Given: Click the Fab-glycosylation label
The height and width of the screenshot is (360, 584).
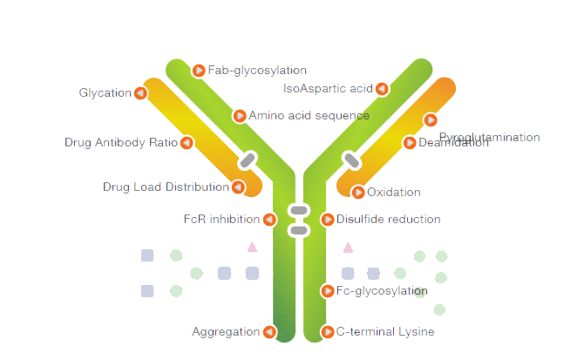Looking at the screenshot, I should (257, 71).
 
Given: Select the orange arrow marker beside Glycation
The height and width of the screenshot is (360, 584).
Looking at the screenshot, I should (140, 93).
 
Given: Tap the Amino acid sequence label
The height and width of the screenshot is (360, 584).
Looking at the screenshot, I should (309, 115).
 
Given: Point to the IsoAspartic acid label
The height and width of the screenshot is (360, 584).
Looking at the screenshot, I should (328, 88).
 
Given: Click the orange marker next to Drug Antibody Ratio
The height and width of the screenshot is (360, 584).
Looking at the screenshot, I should (187, 143).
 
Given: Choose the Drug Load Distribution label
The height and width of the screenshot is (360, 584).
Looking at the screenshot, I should (166, 187).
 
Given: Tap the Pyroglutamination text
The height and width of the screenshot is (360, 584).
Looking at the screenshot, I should (489, 137).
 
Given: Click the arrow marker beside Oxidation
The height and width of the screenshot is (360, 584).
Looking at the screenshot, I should (358, 193).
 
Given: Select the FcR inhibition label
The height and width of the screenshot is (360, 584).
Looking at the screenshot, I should (221, 219).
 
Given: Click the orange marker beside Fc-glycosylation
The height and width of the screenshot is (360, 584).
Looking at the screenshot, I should (328, 291).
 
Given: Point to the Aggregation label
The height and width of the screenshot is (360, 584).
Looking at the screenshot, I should (226, 331).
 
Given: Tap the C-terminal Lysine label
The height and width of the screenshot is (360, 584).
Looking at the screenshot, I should (385, 332).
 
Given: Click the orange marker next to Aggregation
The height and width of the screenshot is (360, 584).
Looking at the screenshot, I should (269, 332).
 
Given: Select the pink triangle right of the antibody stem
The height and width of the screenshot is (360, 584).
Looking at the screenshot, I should (348, 248).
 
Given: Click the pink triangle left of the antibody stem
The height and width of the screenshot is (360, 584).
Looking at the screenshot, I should (252, 248).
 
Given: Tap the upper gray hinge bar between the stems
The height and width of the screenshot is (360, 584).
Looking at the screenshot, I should (299, 210).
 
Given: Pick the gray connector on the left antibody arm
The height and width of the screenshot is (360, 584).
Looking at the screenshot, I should (248, 160).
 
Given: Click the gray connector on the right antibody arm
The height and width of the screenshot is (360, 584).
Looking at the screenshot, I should (351, 160).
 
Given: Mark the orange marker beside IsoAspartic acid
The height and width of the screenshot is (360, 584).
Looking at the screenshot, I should (382, 89).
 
